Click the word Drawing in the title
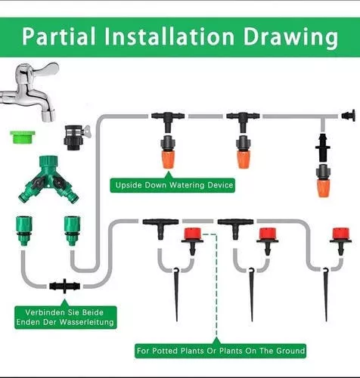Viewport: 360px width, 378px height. tap(290, 38)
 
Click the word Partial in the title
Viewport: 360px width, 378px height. tap(59, 36)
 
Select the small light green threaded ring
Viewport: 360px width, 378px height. tap(23, 137)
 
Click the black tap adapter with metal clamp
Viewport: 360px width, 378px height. tap(76, 138)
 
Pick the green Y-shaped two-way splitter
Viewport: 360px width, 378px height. tap(48, 179)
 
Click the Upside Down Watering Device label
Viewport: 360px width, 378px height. tap(172, 185)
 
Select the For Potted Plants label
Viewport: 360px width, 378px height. tap(220, 351)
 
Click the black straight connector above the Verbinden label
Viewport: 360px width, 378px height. tap(65, 287)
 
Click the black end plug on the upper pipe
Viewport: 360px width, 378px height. tap(349, 116)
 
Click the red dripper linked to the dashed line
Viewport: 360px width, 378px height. tap(193, 241)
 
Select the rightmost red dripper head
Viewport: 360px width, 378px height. tap(341, 241)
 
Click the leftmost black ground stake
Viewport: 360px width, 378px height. tap(176, 295)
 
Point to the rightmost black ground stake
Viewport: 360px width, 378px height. tap(326, 295)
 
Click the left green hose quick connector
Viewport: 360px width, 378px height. tap(23, 231)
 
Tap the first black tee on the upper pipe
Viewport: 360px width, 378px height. tap(168, 122)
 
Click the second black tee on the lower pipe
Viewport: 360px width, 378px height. tap(235, 228)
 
